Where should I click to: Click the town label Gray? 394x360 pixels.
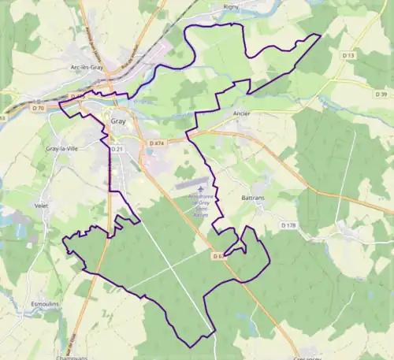pos(118,122)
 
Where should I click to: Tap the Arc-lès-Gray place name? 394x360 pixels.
pos(87,69)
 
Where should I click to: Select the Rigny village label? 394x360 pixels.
pos(231,6)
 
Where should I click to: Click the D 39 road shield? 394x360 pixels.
pos(383,95)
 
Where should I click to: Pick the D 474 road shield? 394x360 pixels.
pos(156,143)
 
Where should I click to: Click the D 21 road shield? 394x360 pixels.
pos(117,148)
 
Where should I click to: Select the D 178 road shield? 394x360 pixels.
pos(288,225)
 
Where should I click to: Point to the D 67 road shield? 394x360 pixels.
pos(218,255)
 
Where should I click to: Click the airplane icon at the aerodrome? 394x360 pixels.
pos(203,189)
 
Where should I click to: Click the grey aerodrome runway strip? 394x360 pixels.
pos(193,182)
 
